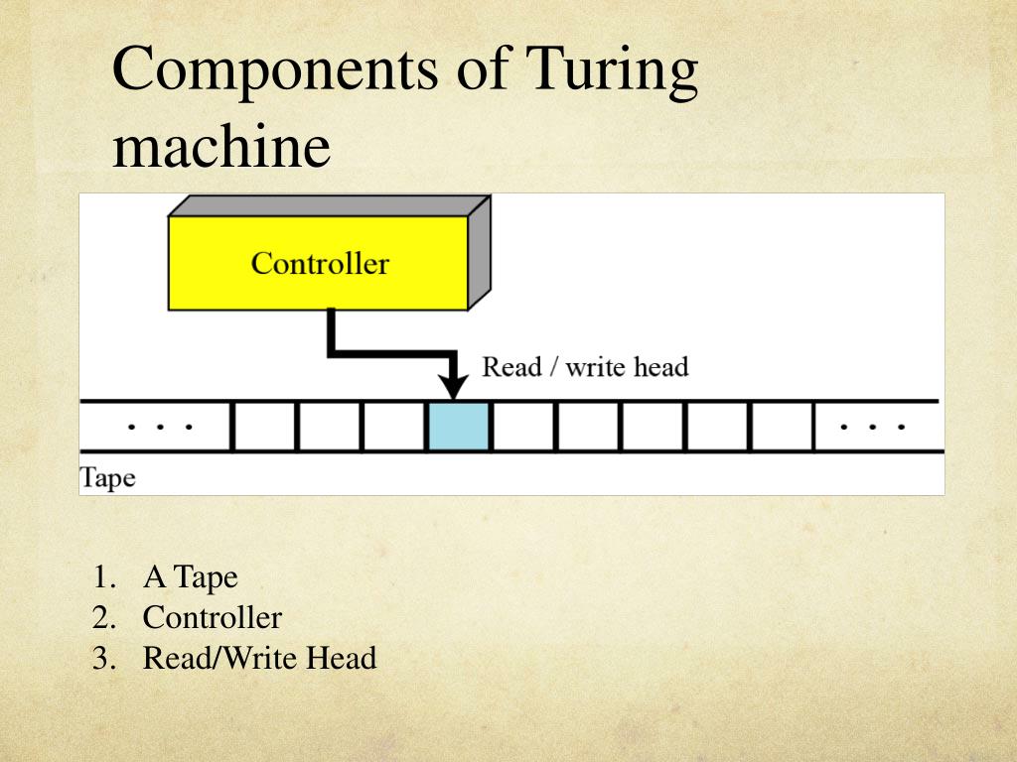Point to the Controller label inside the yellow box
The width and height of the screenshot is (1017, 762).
(x=320, y=264)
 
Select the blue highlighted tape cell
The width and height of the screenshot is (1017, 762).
(x=458, y=427)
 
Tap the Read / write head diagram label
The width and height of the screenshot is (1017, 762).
(x=585, y=367)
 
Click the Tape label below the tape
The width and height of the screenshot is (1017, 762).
(x=107, y=477)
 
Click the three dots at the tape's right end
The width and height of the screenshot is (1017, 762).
(x=872, y=427)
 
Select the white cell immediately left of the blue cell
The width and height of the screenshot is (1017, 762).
(x=393, y=427)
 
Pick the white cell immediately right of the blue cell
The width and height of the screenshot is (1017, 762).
(x=522, y=427)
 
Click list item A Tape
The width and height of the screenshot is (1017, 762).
(x=190, y=576)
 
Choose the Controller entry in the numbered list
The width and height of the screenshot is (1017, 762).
(x=212, y=617)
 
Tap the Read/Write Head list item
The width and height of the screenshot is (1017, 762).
(x=259, y=658)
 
